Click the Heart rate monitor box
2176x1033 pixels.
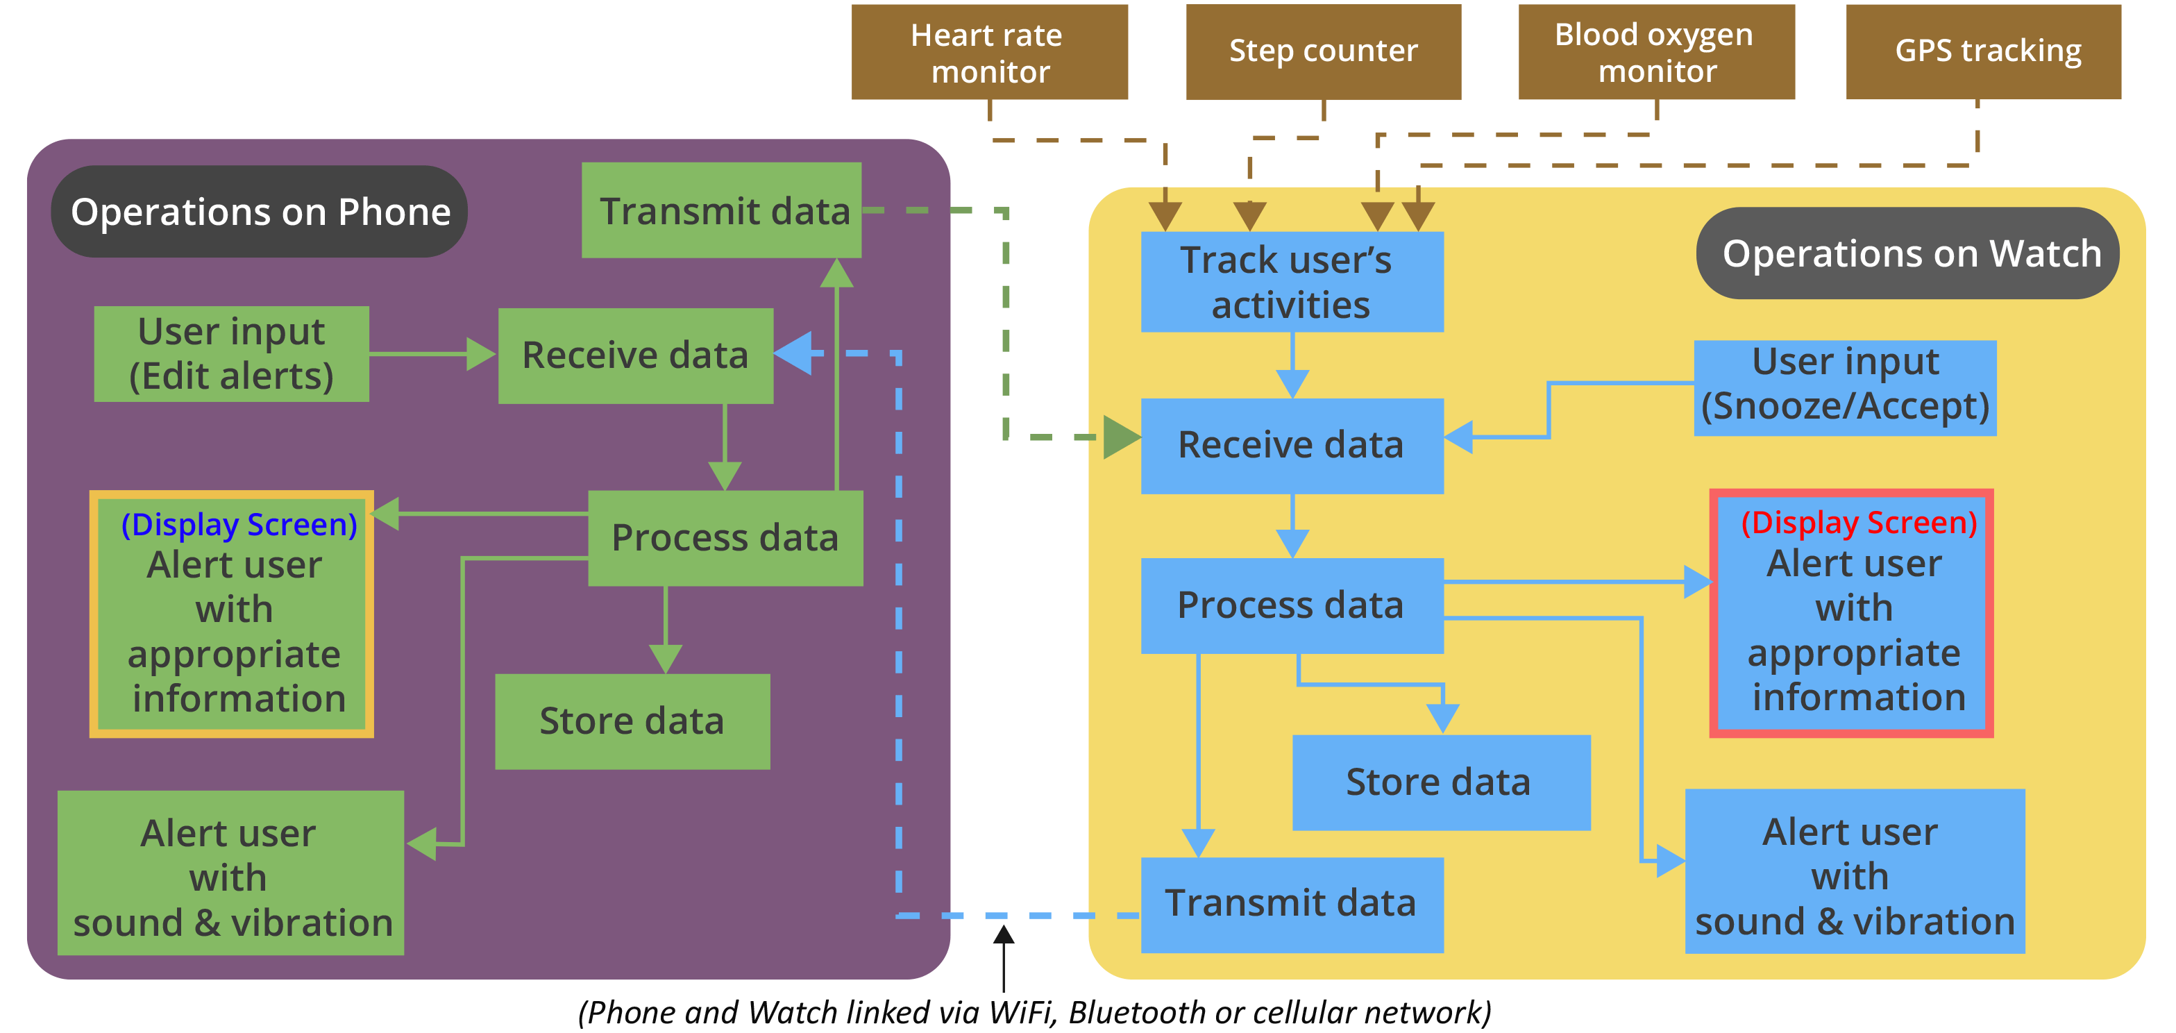tap(989, 52)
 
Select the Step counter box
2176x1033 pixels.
tap(1323, 51)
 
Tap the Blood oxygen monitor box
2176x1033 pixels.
tap(1655, 52)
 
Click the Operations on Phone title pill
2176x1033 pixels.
tap(260, 211)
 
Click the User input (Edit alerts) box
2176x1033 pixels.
tap(231, 354)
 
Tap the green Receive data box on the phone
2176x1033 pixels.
tap(635, 355)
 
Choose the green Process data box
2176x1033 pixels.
tap(725, 538)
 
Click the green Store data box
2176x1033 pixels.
tap(632, 721)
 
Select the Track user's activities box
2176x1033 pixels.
tap(1292, 282)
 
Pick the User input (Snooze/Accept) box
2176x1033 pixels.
tap(1845, 387)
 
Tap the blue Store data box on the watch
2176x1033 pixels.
tap(1440, 782)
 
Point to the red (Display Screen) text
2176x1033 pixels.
tap(1858, 523)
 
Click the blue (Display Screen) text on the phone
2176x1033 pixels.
tap(239, 525)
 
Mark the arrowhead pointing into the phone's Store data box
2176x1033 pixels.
tap(666, 659)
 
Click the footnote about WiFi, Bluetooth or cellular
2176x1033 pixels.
tap(1035, 1012)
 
